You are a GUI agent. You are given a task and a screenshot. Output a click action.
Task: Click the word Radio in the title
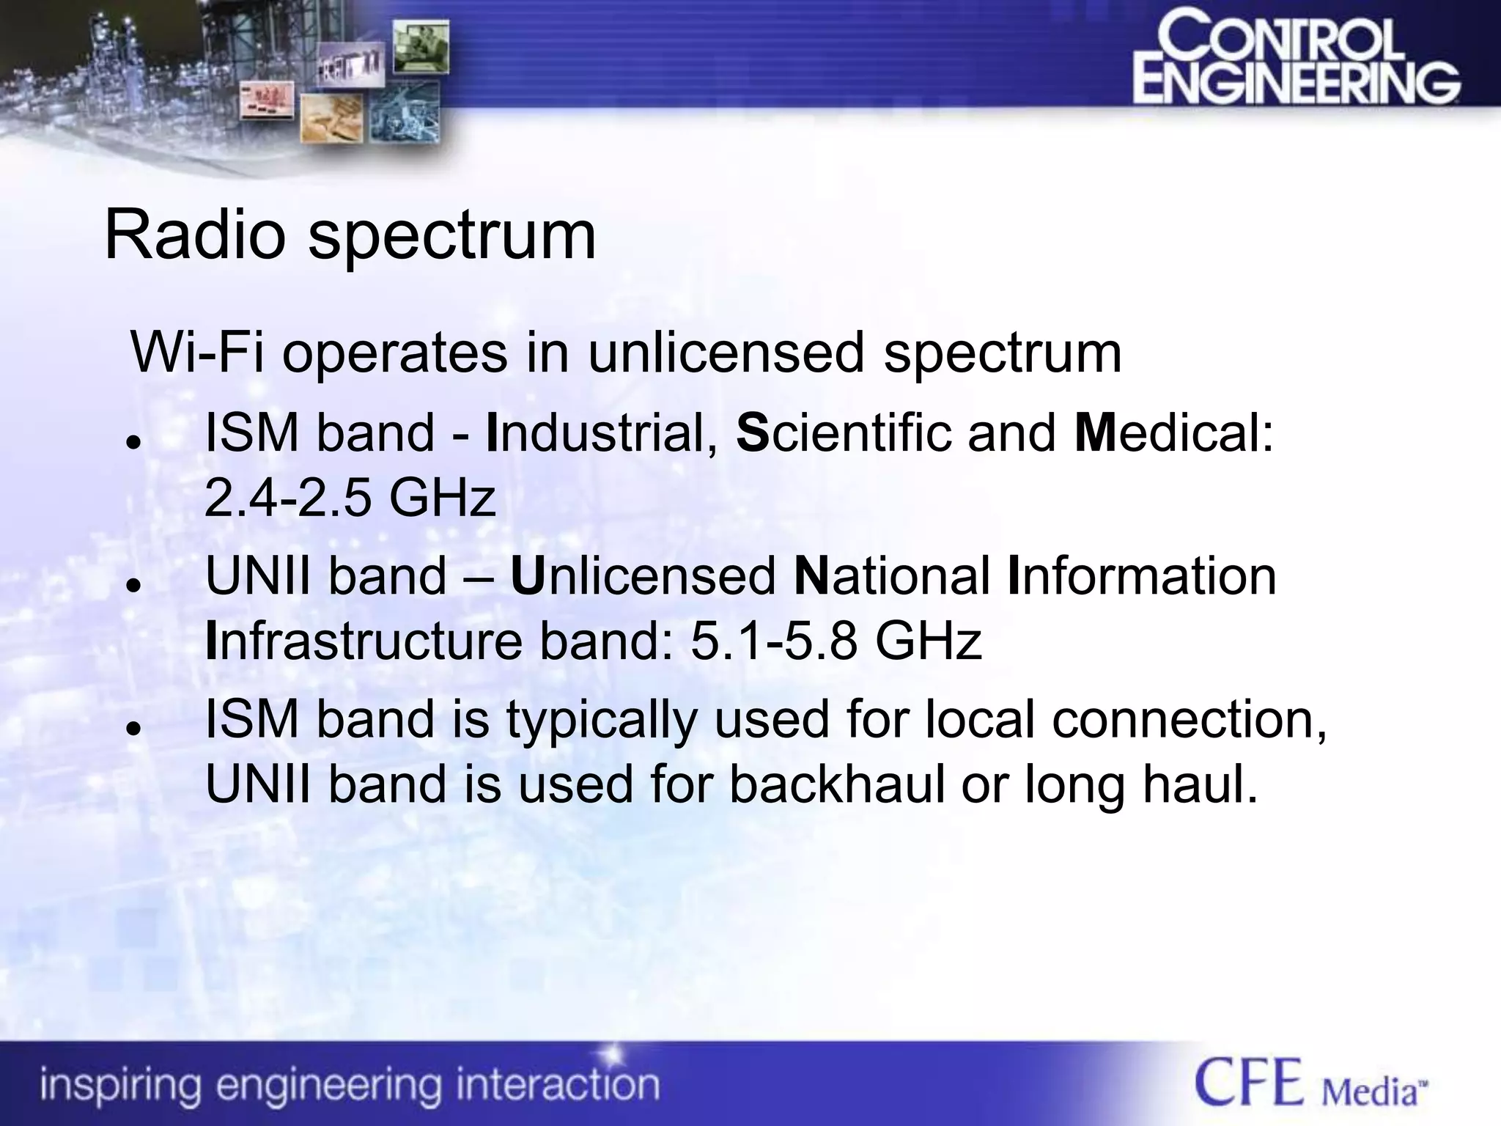tap(194, 236)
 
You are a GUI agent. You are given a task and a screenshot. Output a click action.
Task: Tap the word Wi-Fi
tap(196, 353)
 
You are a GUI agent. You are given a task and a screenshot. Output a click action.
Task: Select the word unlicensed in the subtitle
tap(726, 353)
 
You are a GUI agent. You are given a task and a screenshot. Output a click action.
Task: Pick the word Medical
tap(1174, 433)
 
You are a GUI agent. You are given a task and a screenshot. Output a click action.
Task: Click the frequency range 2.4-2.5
tap(287, 498)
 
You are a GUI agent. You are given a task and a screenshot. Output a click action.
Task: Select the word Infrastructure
tap(364, 641)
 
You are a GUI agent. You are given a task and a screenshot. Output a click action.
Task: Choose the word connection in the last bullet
tap(1189, 719)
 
